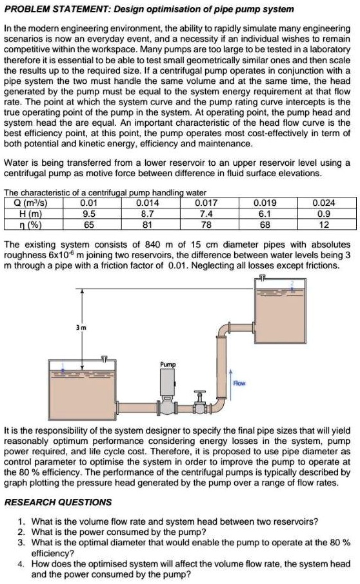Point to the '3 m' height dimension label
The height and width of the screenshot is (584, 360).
(x=81, y=327)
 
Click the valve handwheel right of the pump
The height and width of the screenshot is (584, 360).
(x=200, y=393)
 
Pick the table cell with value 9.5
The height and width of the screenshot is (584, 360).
(x=89, y=214)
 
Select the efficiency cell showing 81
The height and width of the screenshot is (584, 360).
(x=147, y=225)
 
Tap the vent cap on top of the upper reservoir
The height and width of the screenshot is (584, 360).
(x=262, y=277)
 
